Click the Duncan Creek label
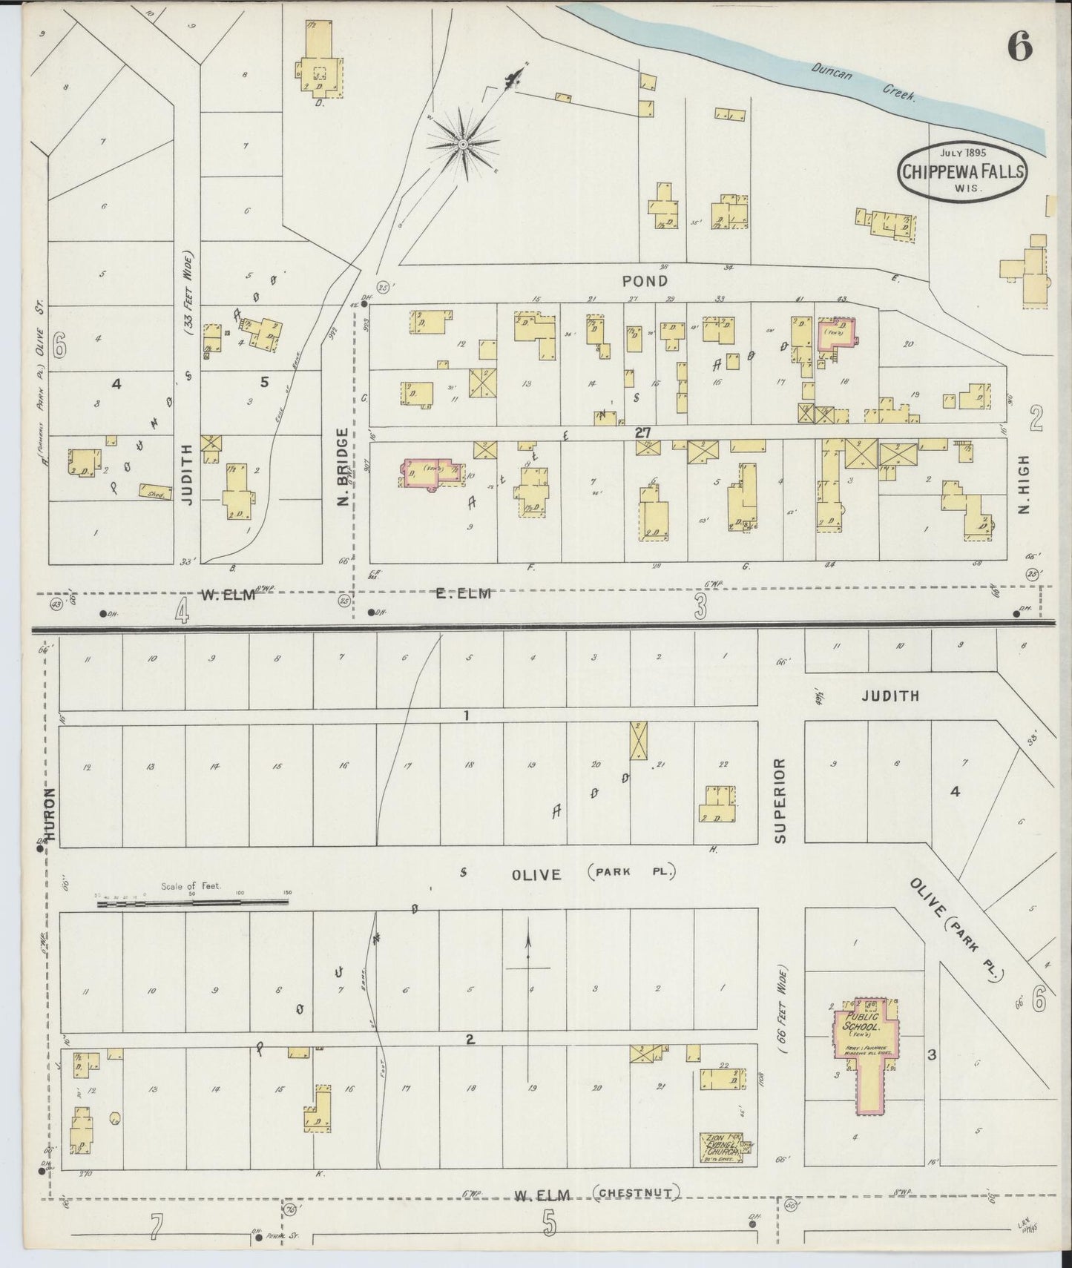coord(864,82)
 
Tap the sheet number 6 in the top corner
coord(1020,48)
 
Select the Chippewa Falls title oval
coord(963,171)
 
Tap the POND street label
coord(645,281)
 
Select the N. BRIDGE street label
coord(343,467)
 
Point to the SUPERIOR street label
coord(780,799)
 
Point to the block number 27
coord(642,432)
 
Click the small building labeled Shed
coord(154,490)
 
